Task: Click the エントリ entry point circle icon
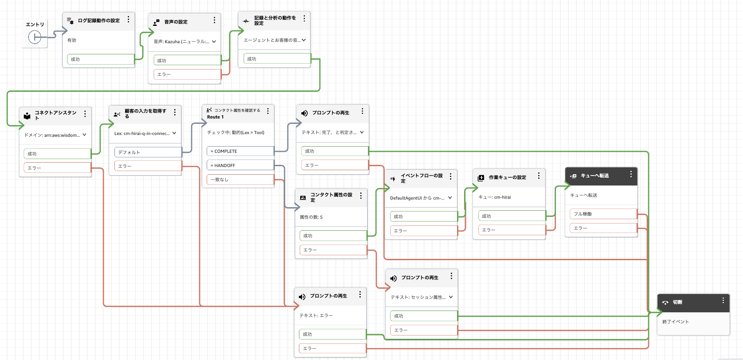tap(35, 37)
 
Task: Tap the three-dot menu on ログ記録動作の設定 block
tap(128, 20)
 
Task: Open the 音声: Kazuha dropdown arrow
tap(214, 41)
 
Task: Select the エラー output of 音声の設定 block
tap(187, 74)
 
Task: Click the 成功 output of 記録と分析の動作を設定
tap(277, 59)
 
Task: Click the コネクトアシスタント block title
tap(55, 115)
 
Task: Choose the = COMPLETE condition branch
tap(240, 151)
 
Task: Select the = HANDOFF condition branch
tap(240, 165)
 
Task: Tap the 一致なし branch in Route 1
tap(240, 180)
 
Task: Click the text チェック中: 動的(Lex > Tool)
tap(236, 132)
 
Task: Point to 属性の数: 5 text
tap(311, 217)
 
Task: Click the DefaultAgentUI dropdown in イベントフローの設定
tap(450, 198)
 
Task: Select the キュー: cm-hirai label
tap(494, 197)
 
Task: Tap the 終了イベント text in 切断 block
tap(675, 322)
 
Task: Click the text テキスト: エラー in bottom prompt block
tap(316, 315)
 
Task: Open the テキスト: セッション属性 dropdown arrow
tap(451, 297)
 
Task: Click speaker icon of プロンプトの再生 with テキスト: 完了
tap(304, 113)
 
